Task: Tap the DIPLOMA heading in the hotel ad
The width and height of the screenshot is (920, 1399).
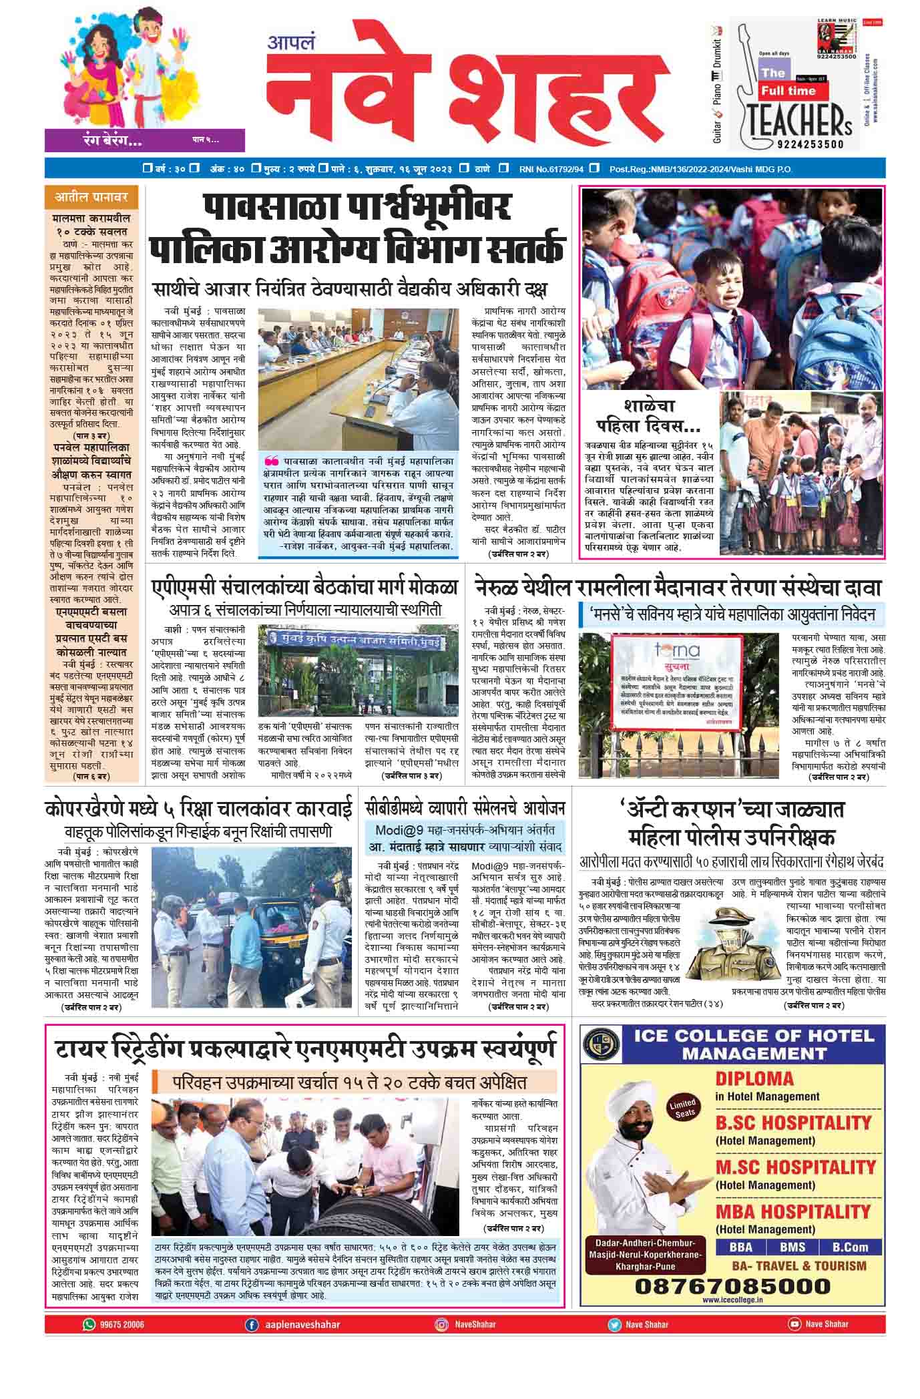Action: point(754,1078)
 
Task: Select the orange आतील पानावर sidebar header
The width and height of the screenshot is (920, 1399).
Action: point(91,198)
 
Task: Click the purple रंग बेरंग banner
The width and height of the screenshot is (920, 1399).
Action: point(144,140)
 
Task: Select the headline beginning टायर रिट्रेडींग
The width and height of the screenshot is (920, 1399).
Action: point(304,1048)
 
